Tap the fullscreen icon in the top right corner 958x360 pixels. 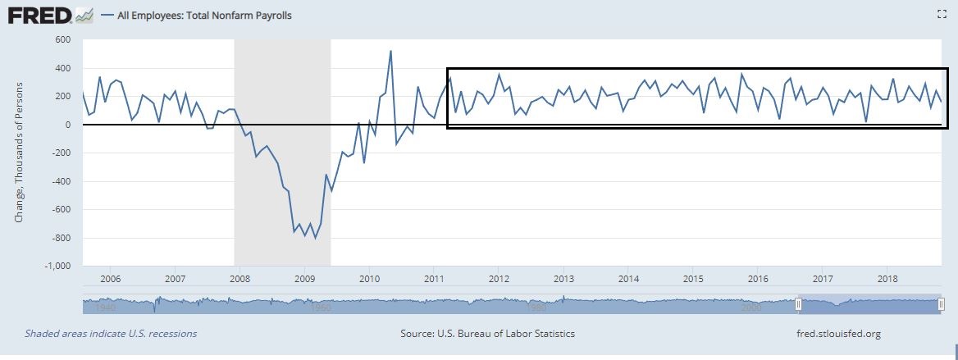point(942,14)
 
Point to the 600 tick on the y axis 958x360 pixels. point(62,39)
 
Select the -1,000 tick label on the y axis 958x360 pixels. point(57,267)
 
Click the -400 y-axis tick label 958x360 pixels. point(60,181)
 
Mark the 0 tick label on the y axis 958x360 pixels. point(68,125)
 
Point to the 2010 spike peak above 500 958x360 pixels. point(390,51)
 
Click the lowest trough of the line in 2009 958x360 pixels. point(316,238)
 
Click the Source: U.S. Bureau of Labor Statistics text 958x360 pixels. point(487,334)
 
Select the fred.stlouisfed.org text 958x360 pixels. point(837,334)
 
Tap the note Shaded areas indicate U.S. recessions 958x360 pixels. point(111,334)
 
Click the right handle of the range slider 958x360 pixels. point(941,305)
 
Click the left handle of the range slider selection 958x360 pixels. point(798,305)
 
